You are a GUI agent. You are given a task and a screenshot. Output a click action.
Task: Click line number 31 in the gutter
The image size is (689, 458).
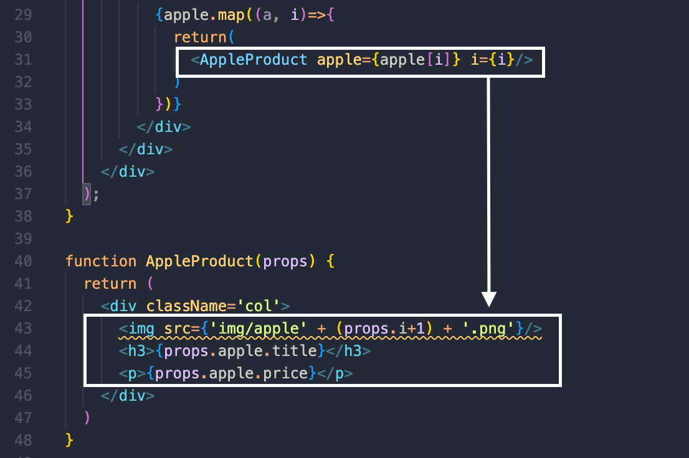(x=23, y=60)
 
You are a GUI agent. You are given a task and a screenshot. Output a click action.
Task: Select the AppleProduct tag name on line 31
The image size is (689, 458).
(x=254, y=60)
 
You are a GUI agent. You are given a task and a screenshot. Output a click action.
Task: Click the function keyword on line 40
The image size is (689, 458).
(x=100, y=261)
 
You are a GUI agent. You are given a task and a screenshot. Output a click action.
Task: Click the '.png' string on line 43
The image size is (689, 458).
(x=490, y=329)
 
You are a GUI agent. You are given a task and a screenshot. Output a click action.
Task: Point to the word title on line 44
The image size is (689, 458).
(x=299, y=351)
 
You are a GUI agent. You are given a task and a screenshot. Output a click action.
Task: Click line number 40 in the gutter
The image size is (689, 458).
(x=23, y=261)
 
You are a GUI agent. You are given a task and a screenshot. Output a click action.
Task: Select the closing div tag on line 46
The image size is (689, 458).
(x=128, y=396)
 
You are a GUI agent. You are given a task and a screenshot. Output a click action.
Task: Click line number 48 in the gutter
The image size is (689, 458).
(x=23, y=441)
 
